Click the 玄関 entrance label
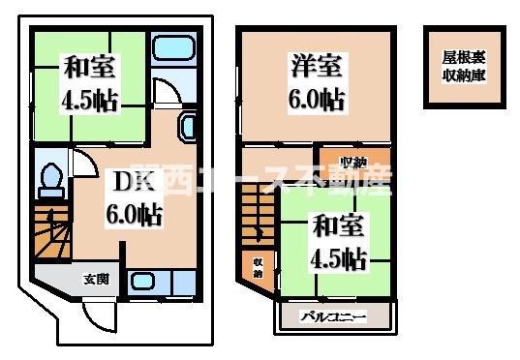point(96,280)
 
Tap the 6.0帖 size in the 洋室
point(315,98)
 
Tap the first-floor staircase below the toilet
point(53,231)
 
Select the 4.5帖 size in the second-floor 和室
point(338,258)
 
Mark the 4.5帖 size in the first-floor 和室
point(90,100)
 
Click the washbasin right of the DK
point(188,125)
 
